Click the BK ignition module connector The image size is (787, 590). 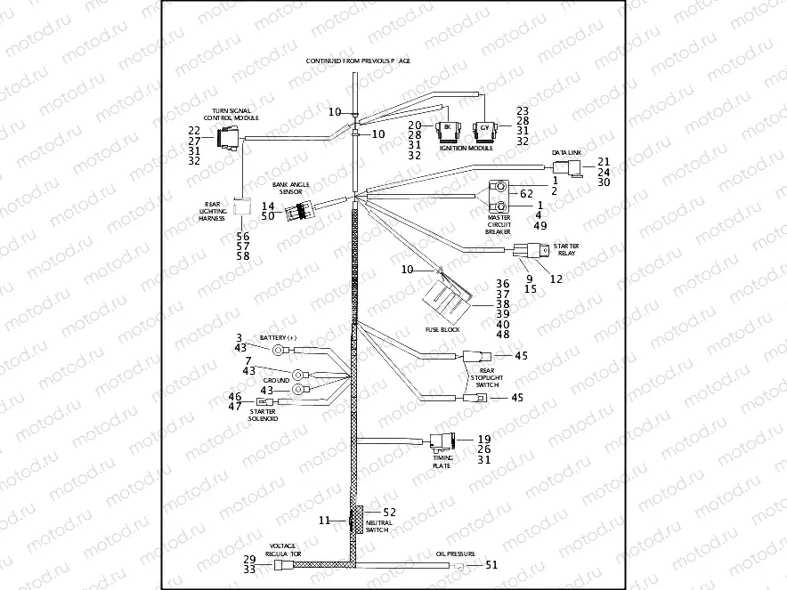pyautogui.click(x=446, y=130)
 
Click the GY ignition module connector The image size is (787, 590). pyautogui.click(x=484, y=130)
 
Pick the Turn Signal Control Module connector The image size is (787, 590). pyautogui.click(x=227, y=140)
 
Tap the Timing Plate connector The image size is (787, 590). pyautogui.click(x=442, y=440)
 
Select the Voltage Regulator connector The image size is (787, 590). pyautogui.click(x=284, y=564)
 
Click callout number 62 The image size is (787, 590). pyautogui.click(x=525, y=192)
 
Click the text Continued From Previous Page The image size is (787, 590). pyautogui.click(x=358, y=61)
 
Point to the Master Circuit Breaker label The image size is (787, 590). pyautogui.click(x=499, y=223)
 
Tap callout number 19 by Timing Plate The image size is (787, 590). pyautogui.click(x=484, y=439)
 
